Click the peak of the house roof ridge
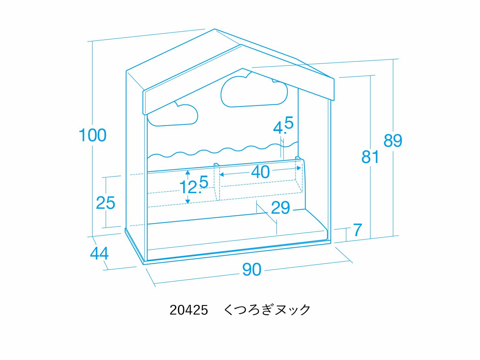click(x=214, y=29)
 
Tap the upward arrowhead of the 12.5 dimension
click(x=188, y=173)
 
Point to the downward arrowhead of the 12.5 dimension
click(x=188, y=201)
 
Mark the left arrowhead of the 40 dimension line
click(x=222, y=174)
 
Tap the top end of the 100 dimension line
click(x=92, y=41)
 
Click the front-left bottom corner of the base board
click(x=144, y=264)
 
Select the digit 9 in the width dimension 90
click(x=247, y=270)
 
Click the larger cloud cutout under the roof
click(x=254, y=92)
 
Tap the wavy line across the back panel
click(x=223, y=150)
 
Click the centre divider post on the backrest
click(x=217, y=181)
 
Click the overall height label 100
click(x=92, y=135)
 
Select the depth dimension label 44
click(x=99, y=254)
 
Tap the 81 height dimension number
click(x=370, y=157)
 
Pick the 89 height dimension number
click(x=393, y=140)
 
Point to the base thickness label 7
click(x=358, y=230)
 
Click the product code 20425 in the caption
click(x=189, y=310)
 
